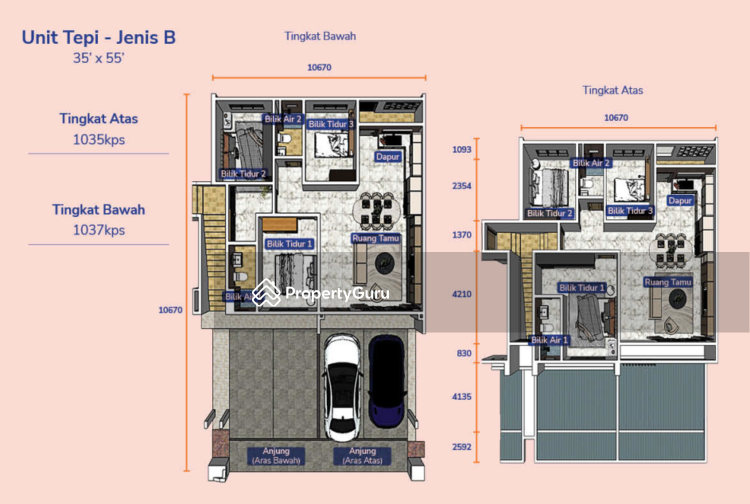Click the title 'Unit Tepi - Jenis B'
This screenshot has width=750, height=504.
tap(98, 37)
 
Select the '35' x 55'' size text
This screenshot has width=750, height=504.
tap(98, 58)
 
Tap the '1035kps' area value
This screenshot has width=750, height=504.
tap(98, 139)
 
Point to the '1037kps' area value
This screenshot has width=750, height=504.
tap(98, 230)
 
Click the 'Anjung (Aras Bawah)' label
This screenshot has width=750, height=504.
tap(276, 455)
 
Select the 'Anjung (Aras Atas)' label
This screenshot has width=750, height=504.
tap(362, 455)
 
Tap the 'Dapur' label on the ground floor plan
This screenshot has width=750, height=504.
tap(387, 156)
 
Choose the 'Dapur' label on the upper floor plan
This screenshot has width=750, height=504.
tap(680, 200)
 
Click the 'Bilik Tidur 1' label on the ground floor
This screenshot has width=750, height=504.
tap(289, 244)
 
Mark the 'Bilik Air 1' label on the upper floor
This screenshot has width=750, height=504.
tap(549, 340)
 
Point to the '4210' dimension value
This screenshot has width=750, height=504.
tap(461, 294)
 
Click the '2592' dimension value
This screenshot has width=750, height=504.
tap(461, 446)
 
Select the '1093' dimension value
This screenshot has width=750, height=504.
tap(461, 149)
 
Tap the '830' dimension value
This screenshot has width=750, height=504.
tap(464, 353)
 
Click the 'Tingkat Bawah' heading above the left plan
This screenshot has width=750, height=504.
tap(320, 36)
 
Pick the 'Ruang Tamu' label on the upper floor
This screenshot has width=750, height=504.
tap(667, 282)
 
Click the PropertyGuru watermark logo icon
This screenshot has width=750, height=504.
tap(266, 292)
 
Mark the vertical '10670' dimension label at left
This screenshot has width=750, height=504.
tap(170, 310)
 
